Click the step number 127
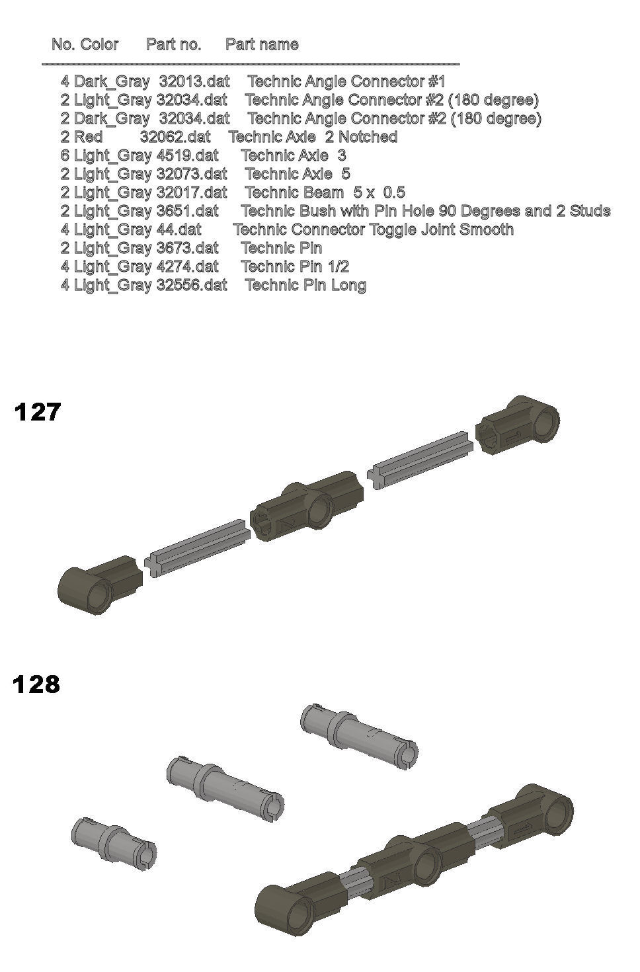[37, 412]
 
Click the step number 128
[36, 684]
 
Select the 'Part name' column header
[262, 44]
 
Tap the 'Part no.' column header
[174, 44]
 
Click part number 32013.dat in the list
[194, 81]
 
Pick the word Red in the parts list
[88, 137]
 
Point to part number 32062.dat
[175, 137]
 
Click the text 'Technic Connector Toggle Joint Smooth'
[373, 229]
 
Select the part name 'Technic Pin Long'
[305, 285]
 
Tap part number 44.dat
[179, 229]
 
